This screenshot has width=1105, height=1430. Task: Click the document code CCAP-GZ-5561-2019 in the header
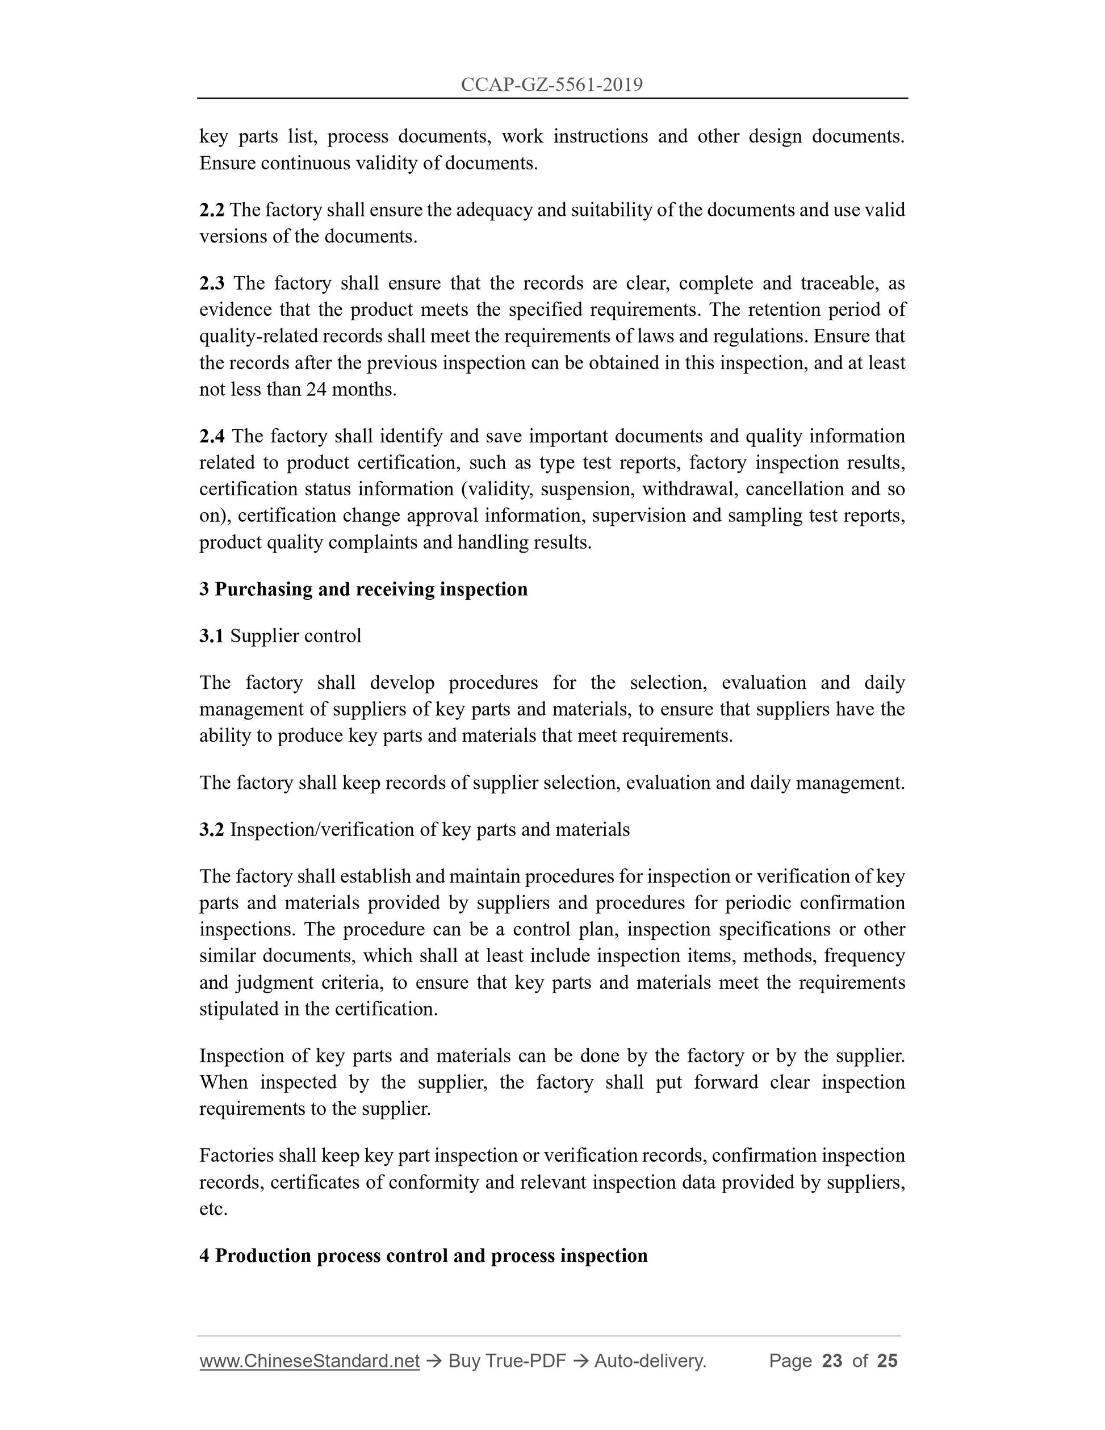click(x=551, y=85)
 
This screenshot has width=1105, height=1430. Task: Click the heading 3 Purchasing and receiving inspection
click(x=363, y=589)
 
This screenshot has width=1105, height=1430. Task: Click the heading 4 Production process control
click(x=424, y=1256)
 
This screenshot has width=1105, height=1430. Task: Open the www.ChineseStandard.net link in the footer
click(x=309, y=1361)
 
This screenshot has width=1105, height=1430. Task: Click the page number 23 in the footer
click(x=832, y=1361)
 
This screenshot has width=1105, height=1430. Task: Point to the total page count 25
click(x=887, y=1361)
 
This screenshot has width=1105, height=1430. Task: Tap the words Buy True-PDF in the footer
click(x=507, y=1361)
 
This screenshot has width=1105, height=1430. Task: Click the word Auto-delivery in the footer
click(x=650, y=1361)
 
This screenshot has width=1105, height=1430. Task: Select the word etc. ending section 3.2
click(x=214, y=1209)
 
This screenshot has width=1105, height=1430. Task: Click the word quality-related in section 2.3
click(x=244, y=337)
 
